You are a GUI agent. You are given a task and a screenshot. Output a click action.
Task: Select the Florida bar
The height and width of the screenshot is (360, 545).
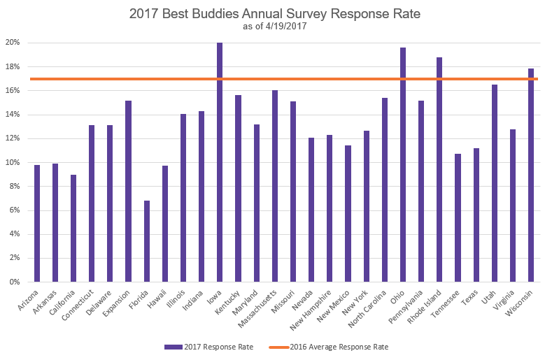coord(146,241)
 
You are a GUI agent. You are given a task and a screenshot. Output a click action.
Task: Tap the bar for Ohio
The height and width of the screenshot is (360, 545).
coord(402,165)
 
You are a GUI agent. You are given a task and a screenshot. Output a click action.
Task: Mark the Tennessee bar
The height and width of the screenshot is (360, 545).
coord(458,217)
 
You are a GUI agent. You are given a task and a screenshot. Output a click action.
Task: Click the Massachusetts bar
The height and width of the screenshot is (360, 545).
coord(274,186)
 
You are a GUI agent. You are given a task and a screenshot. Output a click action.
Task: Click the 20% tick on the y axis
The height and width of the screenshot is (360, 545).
coord(13,43)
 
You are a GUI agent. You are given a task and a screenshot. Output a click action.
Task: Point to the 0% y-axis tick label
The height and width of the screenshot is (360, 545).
coord(15,282)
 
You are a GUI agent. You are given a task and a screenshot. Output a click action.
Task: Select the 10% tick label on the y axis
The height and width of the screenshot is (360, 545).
coord(13,162)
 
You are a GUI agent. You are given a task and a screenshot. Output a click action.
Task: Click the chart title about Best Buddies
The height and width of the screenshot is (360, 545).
coord(272,13)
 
